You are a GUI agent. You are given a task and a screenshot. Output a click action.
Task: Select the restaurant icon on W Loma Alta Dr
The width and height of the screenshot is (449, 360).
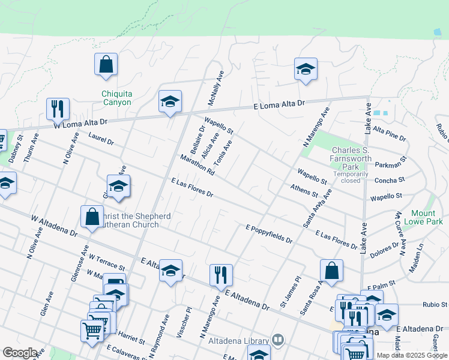[58, 108]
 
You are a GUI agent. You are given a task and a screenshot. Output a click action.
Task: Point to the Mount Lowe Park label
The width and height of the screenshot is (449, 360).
[427, 217]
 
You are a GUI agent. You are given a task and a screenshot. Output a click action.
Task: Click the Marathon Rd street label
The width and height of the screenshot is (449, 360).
[197, 164]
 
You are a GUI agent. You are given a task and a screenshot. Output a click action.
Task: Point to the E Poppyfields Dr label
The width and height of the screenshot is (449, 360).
[269, 234]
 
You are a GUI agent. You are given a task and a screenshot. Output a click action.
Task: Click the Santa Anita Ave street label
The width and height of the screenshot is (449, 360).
[318, 208]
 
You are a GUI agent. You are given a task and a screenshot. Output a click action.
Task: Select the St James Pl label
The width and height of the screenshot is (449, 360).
[289, 291]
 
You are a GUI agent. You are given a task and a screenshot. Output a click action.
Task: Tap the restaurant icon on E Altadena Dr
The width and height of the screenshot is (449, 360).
[221, 275]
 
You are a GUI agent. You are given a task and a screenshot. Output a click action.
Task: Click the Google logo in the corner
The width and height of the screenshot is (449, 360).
[20, 353]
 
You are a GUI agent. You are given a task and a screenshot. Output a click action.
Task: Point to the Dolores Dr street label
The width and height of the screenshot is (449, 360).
[384, 250]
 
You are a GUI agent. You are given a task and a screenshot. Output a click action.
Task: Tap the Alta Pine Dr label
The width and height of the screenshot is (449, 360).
[389, 133]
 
